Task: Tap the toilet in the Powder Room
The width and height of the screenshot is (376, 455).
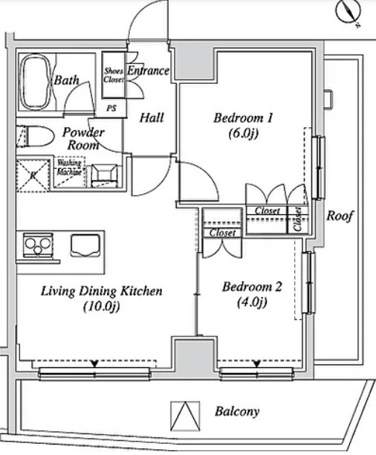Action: tap(37, 137)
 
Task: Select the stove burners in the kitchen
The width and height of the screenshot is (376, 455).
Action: tap(35, 243)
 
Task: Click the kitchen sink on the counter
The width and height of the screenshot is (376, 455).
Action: tap(85, 245)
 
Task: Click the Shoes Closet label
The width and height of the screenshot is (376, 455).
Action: tap(114, 74)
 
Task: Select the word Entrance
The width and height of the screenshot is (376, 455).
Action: tap(149, 71)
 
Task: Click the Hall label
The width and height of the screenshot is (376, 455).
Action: tap(152, 117)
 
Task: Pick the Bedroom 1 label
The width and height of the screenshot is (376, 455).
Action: tap(244, 117)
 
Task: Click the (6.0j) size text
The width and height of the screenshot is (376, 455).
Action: tap(244, 134)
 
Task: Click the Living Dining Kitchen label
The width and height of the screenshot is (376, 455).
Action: tap(101, 291)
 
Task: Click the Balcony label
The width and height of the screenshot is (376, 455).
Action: tap(237, 411)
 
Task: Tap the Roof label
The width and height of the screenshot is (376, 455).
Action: tap(340, 217)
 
